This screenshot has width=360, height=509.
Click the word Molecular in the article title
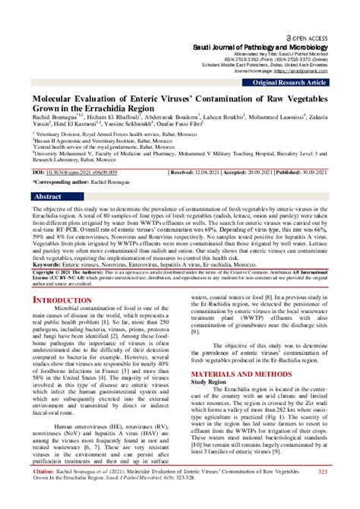point(60,99)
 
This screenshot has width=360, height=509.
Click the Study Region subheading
point(208,382)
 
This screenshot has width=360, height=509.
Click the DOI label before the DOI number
point(39,172)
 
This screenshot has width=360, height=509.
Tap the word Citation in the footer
point(46,473)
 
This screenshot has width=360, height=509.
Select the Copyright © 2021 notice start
point(53,271)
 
